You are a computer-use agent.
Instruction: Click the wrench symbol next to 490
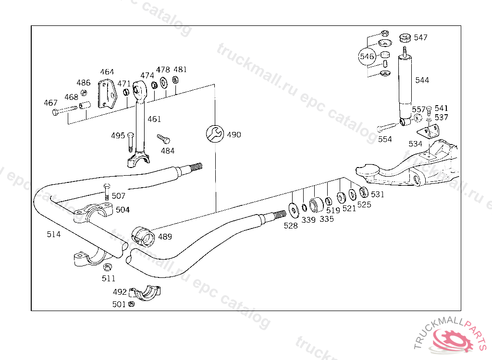click(x=215, y=134)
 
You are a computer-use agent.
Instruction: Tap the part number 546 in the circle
click(x=367, y=57)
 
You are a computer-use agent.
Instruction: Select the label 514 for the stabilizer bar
click(x=54, y=234)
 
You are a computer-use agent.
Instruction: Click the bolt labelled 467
click(x=65, y=110)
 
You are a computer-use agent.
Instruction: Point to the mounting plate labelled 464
click(x=107, y=94)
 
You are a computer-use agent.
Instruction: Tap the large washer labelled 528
click(x=294, y=210)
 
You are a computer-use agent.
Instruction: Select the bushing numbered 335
click(x=316, y=205)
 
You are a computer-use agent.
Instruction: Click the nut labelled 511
click(x=108, y=267)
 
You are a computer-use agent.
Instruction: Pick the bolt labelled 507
click(x=107, y=192)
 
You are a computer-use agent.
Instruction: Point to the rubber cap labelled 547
click(x=405, y=37)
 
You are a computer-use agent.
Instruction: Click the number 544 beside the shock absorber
click(x=422, y=80)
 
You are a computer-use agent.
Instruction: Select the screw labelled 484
click(x=163, y=139)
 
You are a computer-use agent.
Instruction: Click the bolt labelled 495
click(x=131, y=142)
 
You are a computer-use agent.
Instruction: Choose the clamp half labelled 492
click(x=145, y=293)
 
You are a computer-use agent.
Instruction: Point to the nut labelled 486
click(x=84, y=93)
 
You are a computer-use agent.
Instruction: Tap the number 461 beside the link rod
click(x=154, y=119)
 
